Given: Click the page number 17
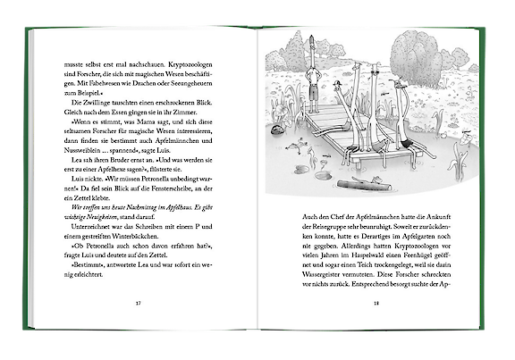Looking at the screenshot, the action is (138, 302).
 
